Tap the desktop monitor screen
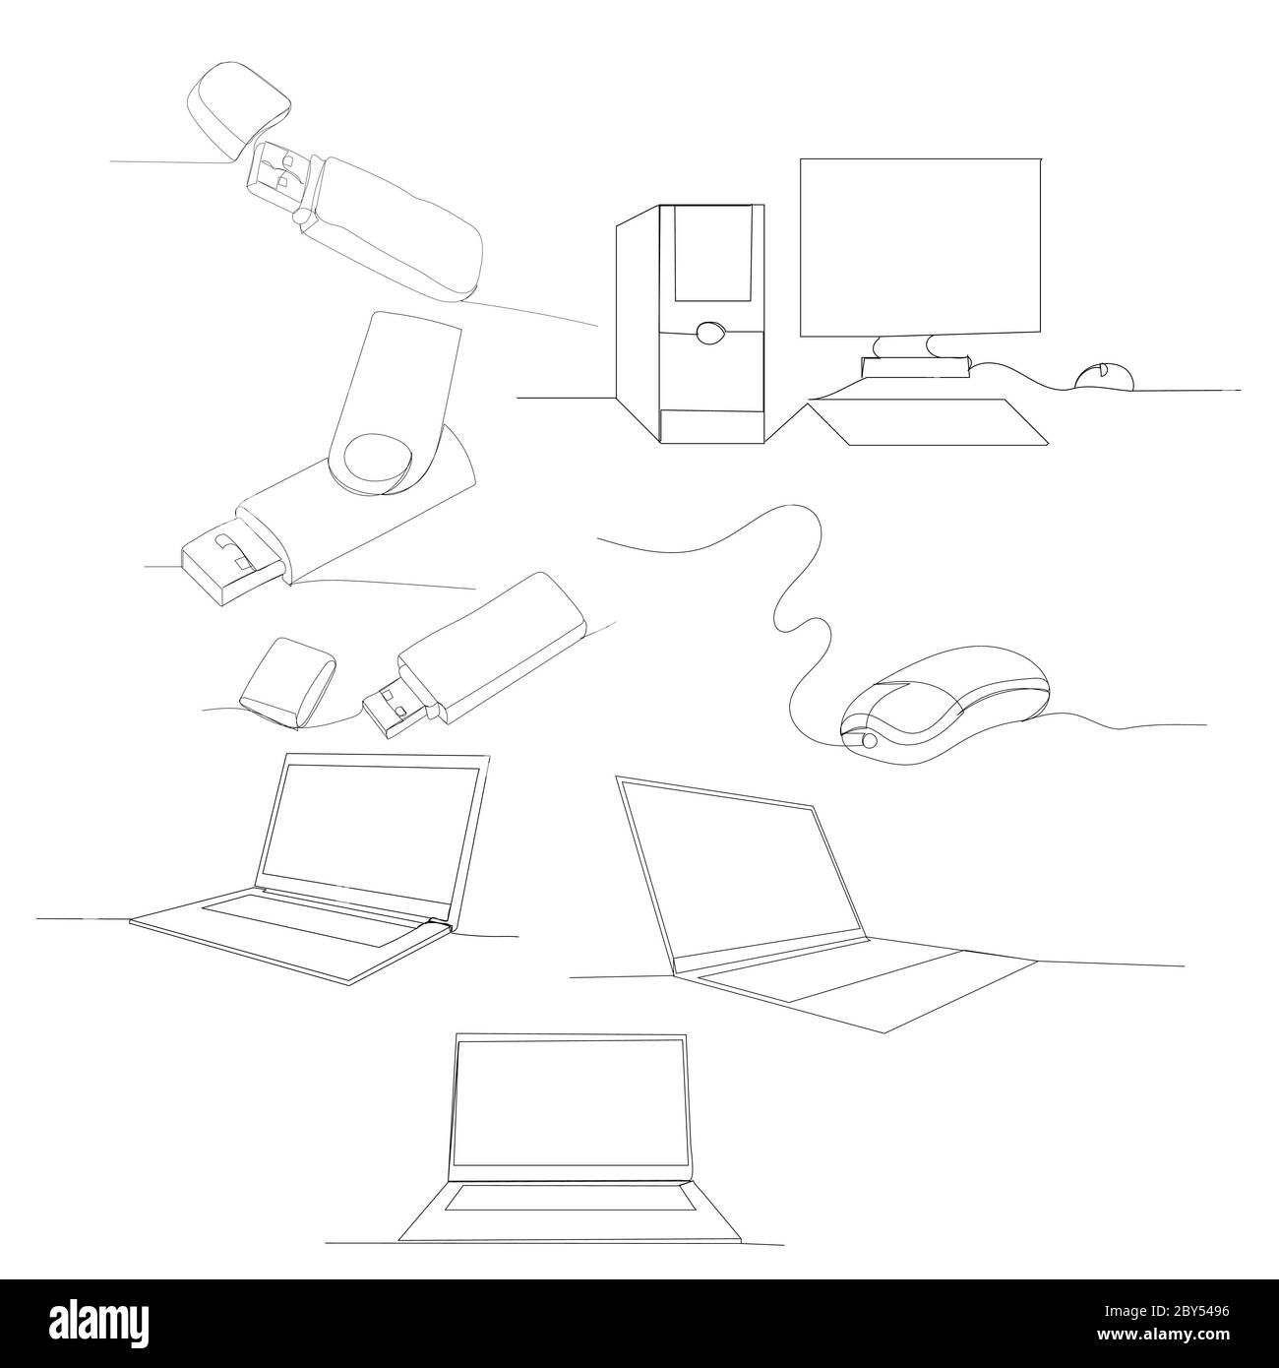pyautogui.click(x=920, y=246)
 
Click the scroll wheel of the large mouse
pyautogui.click(x=870, y=740)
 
